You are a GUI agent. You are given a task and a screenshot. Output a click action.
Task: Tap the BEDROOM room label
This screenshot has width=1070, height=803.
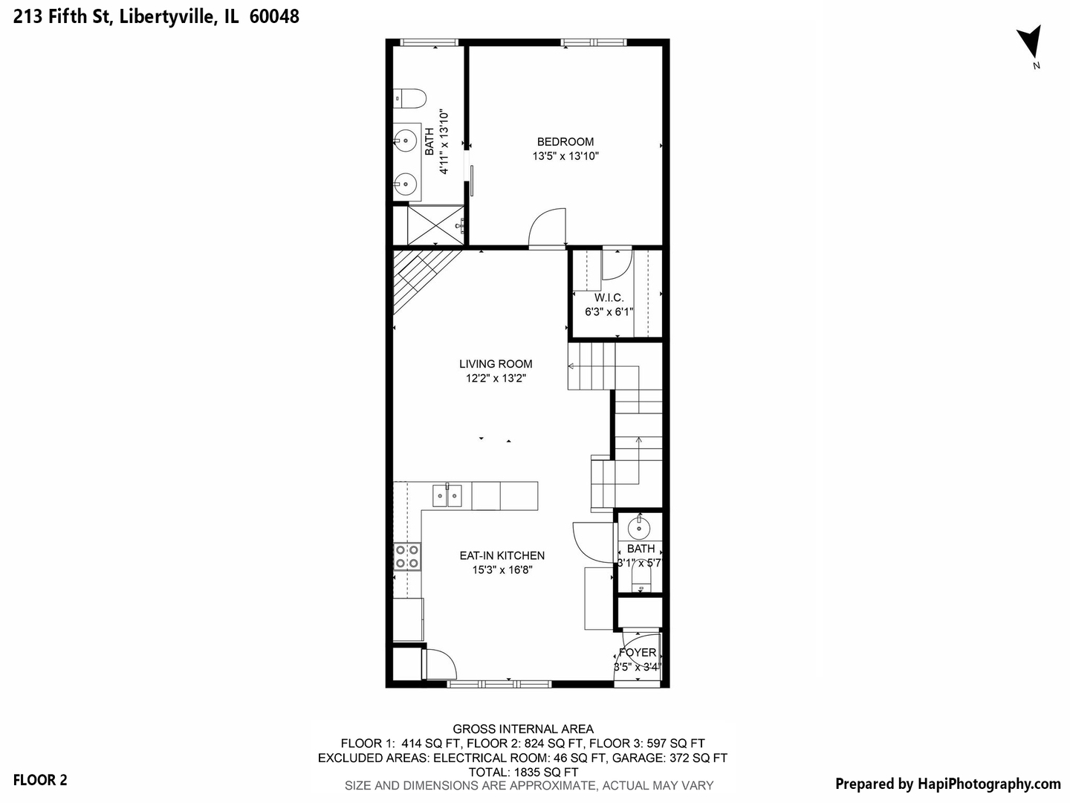tap(565, 141)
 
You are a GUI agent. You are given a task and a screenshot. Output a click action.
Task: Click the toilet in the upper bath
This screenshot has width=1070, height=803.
tap(410, 97)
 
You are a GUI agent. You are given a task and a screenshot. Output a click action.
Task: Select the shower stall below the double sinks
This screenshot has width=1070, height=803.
tap(429, 224)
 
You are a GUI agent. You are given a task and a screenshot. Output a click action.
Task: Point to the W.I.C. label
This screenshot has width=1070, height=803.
tap(609, 297)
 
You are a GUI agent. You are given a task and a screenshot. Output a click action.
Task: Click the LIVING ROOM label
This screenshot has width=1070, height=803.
tap(496, 364)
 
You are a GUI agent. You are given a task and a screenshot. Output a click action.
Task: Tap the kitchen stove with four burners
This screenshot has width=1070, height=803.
tap(407, 557)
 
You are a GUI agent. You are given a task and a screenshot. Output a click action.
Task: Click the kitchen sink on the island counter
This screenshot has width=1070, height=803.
tap(447, 495)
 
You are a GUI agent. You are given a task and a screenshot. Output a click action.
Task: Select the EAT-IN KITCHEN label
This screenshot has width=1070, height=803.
tap(502, 555)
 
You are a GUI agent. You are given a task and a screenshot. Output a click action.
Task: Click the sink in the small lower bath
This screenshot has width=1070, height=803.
tap(639, 529)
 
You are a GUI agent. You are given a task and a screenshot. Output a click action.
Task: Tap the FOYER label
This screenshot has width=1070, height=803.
tap(638, 653)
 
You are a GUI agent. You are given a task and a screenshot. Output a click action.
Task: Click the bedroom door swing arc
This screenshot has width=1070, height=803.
tap(548, 227)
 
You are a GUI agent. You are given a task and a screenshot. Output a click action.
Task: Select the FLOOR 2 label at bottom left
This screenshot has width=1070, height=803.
tap(40, 780)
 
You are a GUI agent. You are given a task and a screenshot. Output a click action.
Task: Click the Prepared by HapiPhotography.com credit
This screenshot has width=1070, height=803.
tap(947, 784)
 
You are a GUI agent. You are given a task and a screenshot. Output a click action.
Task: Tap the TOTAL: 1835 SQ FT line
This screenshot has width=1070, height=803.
tap(523, 772)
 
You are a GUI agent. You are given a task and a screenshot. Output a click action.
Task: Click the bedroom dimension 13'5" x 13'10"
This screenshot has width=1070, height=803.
tap(565, 156)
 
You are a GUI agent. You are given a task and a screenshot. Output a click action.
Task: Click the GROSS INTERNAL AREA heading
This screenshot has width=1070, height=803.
tap(523, 729)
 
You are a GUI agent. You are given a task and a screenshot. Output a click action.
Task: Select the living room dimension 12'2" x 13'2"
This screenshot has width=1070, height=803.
tap(496, 378)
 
